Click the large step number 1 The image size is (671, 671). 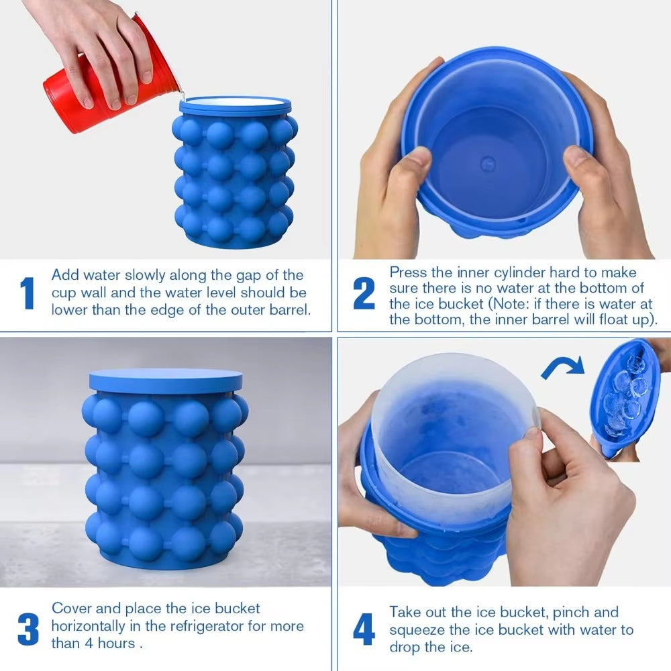coord(28,293)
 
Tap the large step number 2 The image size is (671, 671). coord(364,293)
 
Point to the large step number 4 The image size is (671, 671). coord(364,629)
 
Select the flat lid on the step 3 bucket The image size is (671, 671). coord(165,380)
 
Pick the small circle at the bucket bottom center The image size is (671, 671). coord(488,162)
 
